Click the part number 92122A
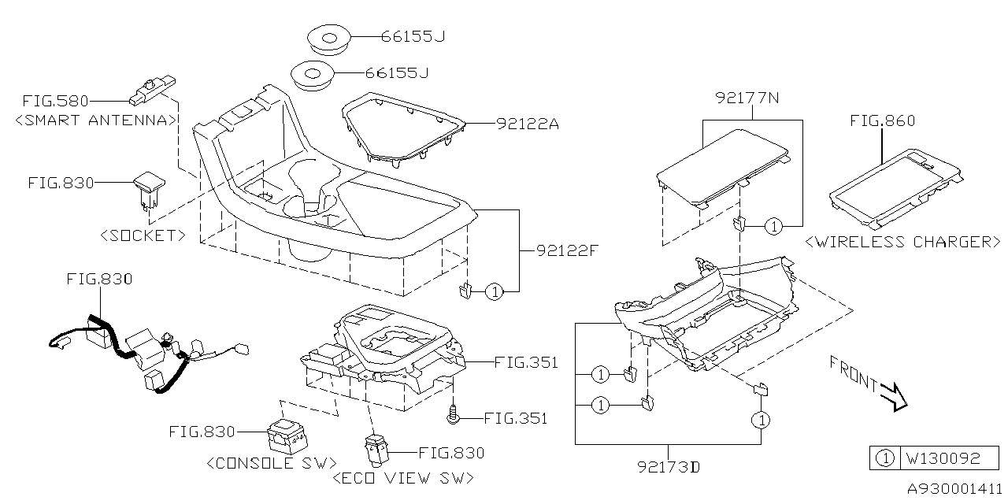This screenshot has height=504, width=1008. [x=528, y=124]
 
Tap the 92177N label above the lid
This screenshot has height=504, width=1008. [x=749, y=98]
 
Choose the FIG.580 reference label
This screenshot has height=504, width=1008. [x=55, y=101]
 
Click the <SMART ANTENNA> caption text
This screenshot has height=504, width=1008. [x=95, y=120]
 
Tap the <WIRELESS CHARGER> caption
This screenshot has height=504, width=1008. [x=902, y=242]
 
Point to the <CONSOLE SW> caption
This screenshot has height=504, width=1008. [x=272, y=462]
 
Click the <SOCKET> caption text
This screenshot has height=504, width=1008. [x=143, y=235]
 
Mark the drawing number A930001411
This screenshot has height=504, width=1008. [x=954, y=489]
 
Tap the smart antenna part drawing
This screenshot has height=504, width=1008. [x=152, y=88]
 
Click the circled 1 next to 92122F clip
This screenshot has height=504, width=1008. [x=494, y=292]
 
